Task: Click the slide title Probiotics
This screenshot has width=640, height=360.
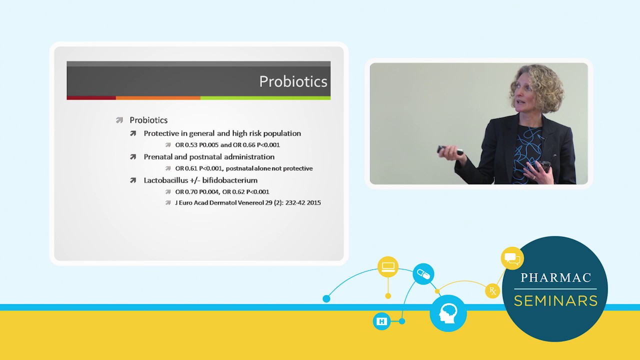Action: (293, 81)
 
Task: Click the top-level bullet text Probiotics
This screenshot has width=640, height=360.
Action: (148, 120)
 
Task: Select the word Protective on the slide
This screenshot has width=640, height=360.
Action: (161, 133)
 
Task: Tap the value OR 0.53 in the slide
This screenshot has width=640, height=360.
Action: (186, 145)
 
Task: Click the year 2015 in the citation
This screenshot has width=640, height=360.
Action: (313, 203)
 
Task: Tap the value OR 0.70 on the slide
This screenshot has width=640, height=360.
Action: (186, 191)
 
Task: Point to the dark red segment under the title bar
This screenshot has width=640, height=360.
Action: (91, 98)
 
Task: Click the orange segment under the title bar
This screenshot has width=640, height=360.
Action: (158, 98)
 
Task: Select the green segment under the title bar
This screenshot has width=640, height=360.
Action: (265, 98)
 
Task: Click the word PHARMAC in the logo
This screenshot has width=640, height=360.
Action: (555, 278)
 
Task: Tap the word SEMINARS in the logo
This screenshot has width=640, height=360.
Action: (555, 301)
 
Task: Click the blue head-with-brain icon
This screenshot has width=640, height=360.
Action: (448, 313)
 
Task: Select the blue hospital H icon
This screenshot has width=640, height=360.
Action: (381, 321)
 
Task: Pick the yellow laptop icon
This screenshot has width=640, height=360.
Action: (388, 267)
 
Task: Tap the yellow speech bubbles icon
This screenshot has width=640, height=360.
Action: (512, 258)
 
